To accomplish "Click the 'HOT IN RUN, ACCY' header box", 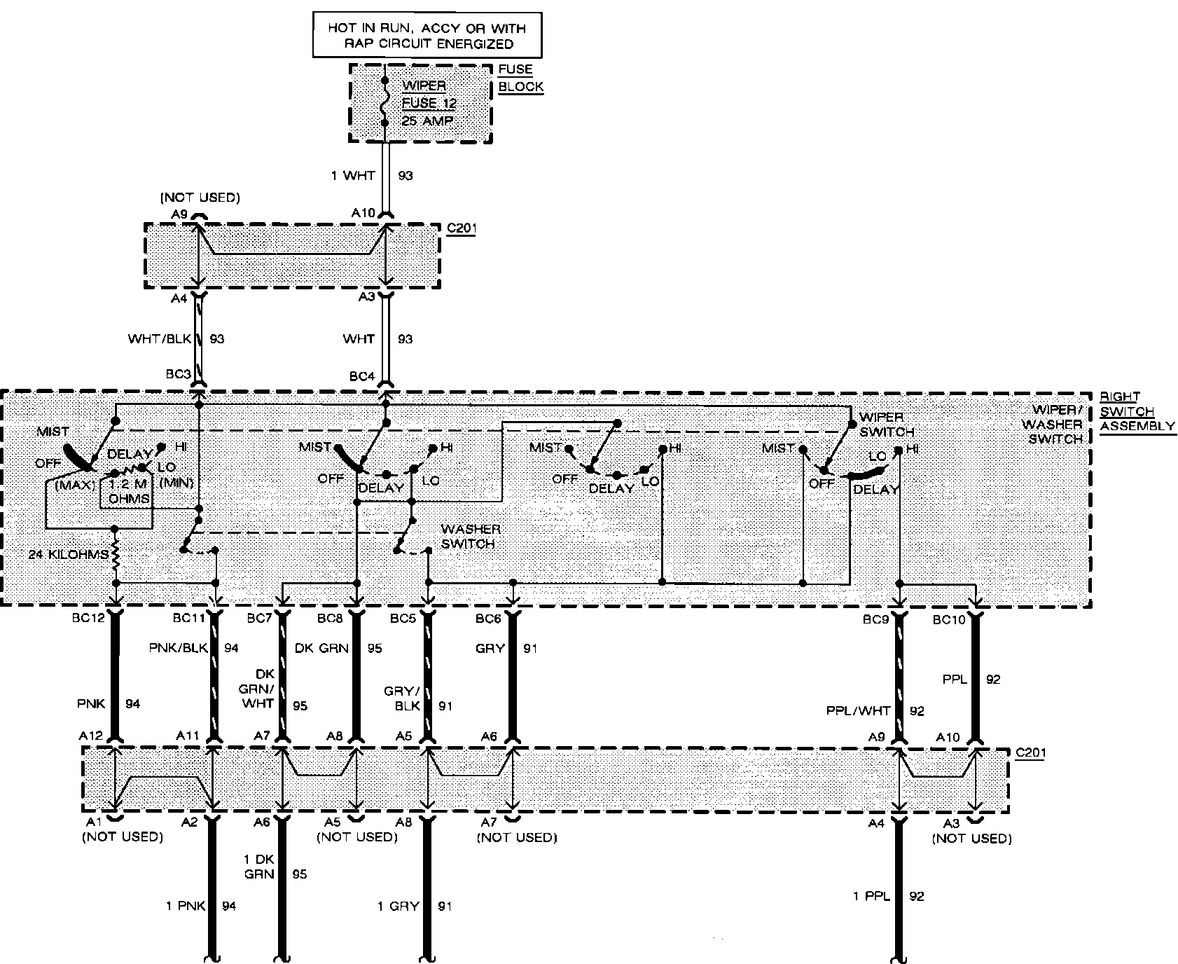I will (x=427, y=36).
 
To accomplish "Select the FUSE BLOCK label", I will (x=520, y=78).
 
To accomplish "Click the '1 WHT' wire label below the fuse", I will (x=353, y=175).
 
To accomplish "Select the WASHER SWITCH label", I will (x=470, y=537).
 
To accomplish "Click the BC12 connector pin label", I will (x=88, y=619).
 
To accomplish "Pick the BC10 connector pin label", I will (x=948, y=619).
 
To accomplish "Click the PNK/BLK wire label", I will (x=179, y=648).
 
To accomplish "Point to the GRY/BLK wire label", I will (x=401, y=698).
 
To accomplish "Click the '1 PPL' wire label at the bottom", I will (x=871, y=896).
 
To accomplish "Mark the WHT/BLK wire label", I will (x=160, y=339).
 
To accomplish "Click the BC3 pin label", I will (x=179, y=375).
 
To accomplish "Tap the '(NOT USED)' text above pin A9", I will (x=200, y=198).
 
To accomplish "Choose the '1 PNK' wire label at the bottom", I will (x=186, y=906).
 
